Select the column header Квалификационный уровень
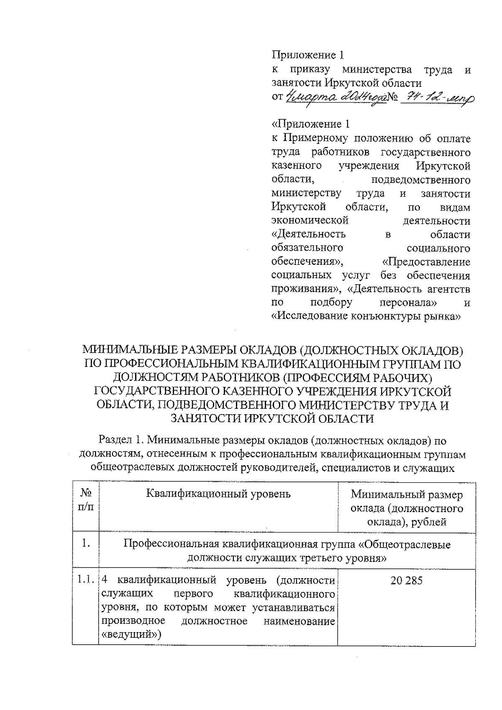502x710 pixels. [218, 494]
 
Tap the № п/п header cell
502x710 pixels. [86, 500]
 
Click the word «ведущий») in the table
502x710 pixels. [131, 634]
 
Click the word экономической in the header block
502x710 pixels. [310, 220]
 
